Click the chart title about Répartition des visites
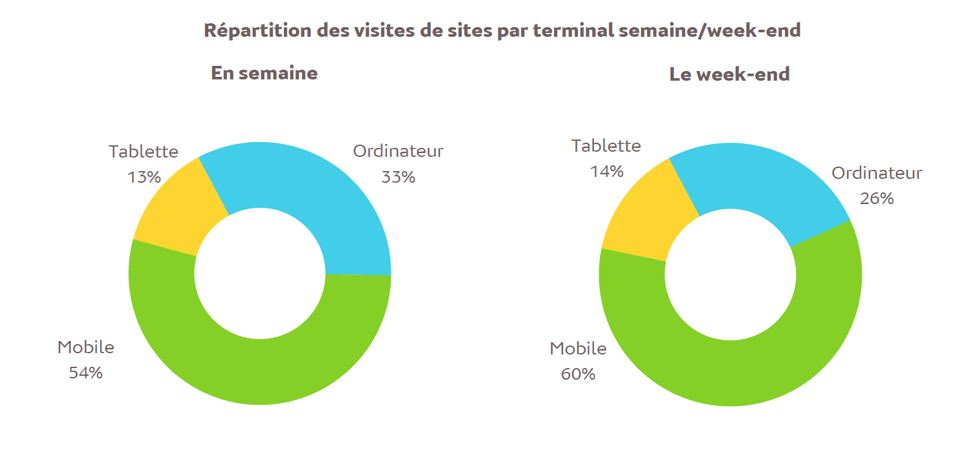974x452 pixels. [x=502, y=30]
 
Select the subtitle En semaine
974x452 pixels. [x=264, y=73]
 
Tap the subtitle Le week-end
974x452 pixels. [x=730, y=74]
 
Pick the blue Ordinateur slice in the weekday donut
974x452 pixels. [x=310, y=194]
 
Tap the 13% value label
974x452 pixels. [x=144, y=176]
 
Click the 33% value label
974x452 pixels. [x=398, y=176]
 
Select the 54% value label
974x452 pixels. [x=86, y=373]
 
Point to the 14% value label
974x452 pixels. [x=607, y=171]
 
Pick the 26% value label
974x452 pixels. [x=877, y=198]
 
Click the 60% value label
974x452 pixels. [x=578, y=374]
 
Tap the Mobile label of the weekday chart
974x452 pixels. [x=86, y=347]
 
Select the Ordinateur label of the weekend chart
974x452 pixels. [x=877, y=173]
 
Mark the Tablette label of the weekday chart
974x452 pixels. [x=143, y=151]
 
